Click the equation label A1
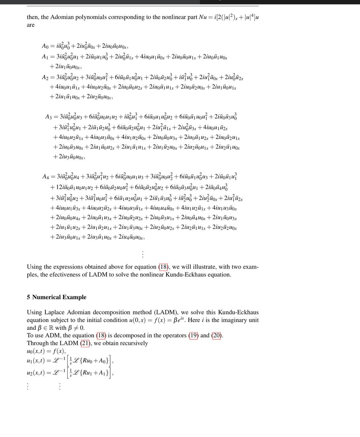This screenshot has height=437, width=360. [x=45, y=57]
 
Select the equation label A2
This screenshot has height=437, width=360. [x=45, y=78]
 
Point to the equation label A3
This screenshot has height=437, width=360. [x=49, y=117]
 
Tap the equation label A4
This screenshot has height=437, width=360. [x=46, y=177]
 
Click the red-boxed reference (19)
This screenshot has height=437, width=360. [x=193, y=335]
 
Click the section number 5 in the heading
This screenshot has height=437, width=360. [x=28, y=297]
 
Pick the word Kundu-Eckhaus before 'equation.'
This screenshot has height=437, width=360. [x=186, y=274]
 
